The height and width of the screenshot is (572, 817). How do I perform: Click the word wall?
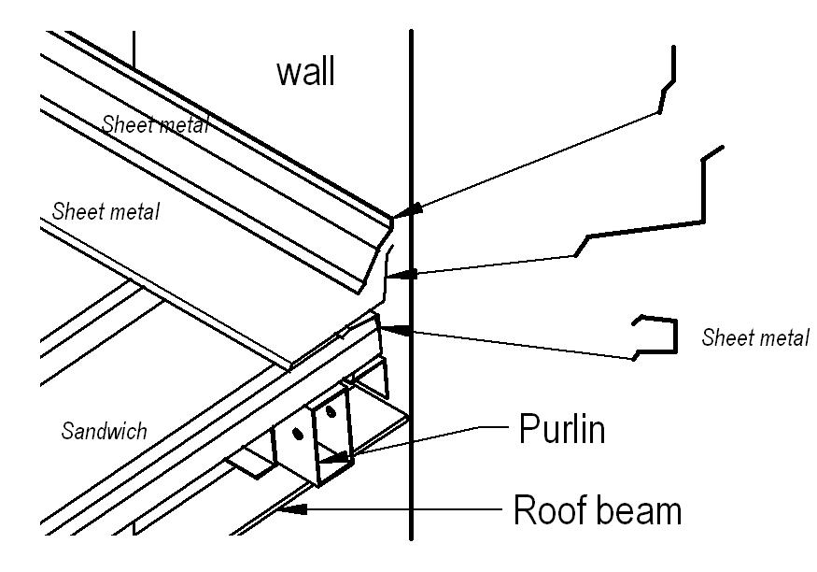305,72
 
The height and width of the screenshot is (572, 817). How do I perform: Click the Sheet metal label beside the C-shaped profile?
755,337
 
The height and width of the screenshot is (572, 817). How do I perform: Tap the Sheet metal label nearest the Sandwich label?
106,211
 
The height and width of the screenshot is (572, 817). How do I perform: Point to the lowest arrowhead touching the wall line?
401,329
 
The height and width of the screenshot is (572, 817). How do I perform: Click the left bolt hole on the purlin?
298,434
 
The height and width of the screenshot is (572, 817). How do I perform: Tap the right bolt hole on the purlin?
330,410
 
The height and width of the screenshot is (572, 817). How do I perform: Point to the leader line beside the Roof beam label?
411,509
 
